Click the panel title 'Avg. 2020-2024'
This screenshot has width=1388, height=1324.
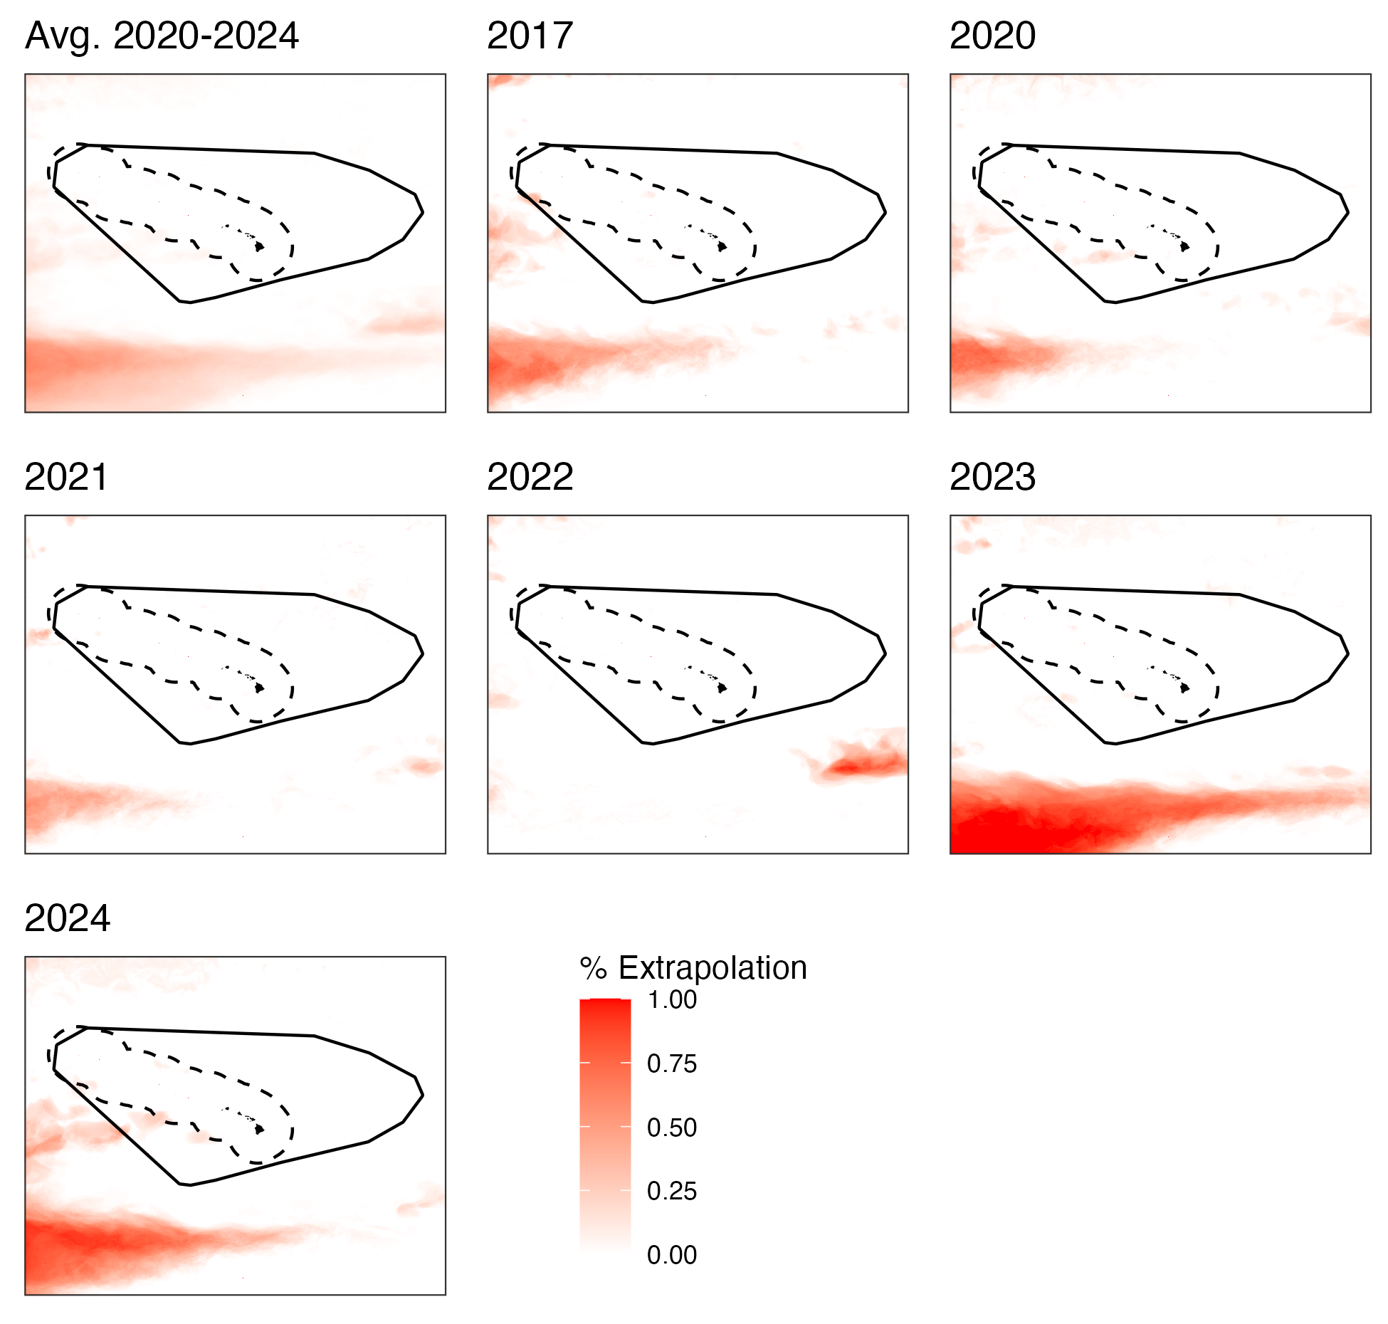[x=162, y=36]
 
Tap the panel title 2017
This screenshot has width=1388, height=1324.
[x=530, y=36]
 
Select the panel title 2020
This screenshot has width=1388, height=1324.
[x=992, y=36]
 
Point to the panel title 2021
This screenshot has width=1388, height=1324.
[x=66, y=477]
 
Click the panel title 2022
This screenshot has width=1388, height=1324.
[x=530, y=477]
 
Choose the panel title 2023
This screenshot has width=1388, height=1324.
[x=992, y=477]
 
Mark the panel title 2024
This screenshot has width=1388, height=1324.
[x=67, y=918]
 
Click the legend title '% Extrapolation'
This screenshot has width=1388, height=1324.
[x=693, y=968]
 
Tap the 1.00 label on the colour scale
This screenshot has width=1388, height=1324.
[x=671, y=1000]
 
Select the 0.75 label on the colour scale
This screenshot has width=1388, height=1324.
[x=671, y=1063]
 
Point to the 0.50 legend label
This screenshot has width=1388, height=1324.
[x=671, y=1128]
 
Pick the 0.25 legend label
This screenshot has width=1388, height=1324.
[x=671, y=1191]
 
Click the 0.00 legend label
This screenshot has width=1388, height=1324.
[x=671, y=1255]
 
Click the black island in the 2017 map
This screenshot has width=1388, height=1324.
[x=722, y=246]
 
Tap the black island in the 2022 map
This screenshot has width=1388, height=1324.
[x=722, y=688]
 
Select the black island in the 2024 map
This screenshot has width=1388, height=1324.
[x=260, y=1129]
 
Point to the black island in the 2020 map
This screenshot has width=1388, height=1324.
[x=1185, y=246]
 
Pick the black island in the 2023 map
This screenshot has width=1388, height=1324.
[x=1185, y=688]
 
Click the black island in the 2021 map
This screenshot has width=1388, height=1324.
[x=260, y=688]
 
